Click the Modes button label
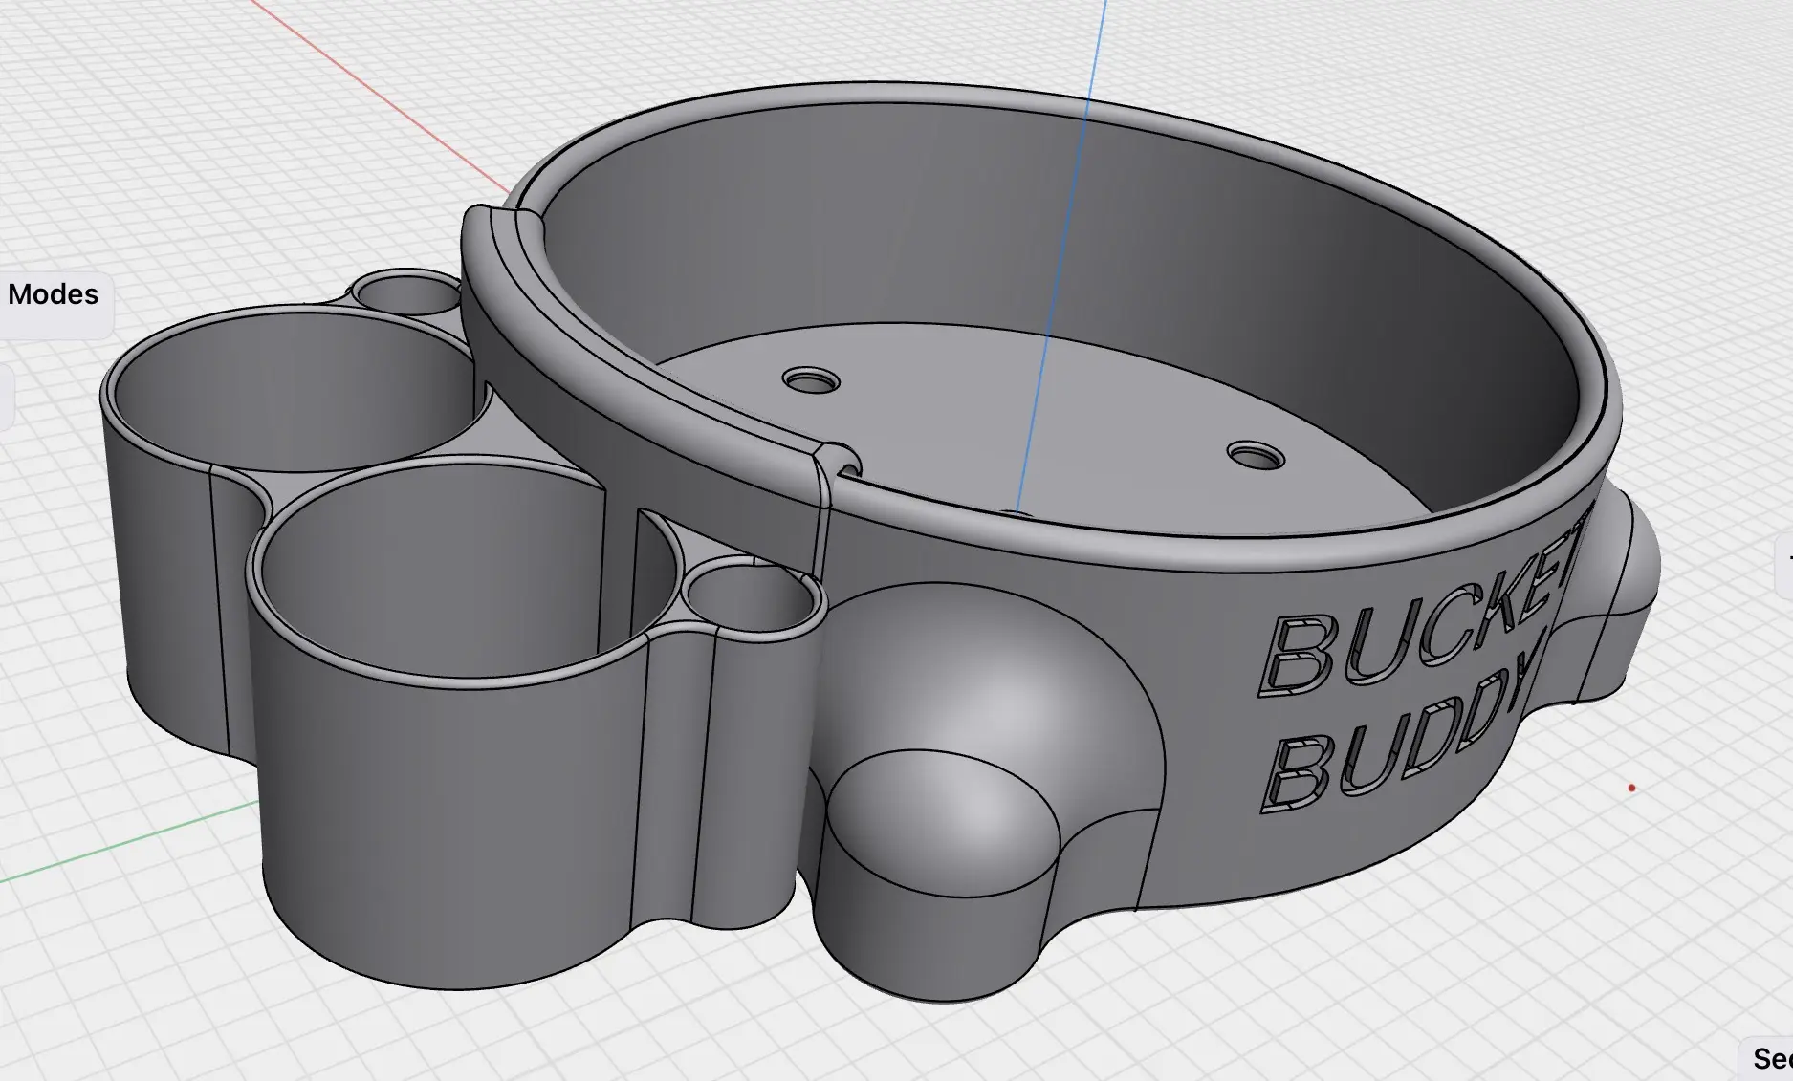tap(54, 294)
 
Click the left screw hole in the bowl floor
tap(811, 381)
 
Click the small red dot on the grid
tap(1631, 789)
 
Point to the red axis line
tap(383, 96)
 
